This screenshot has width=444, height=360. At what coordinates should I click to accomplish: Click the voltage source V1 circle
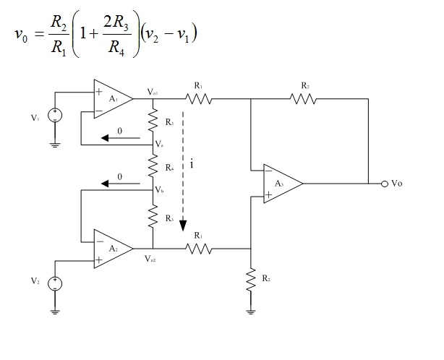[55, 114]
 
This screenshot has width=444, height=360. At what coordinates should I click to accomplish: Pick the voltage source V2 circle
[55, 283]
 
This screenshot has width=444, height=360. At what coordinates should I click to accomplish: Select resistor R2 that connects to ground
[250, 279]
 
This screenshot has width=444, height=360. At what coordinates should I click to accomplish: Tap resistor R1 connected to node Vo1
[199, 99]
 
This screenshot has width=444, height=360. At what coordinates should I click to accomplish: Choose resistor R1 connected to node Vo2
[199, 249]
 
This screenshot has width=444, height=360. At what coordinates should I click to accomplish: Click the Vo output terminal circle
[385, 184]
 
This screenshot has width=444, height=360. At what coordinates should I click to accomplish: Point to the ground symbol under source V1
[55, 144]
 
